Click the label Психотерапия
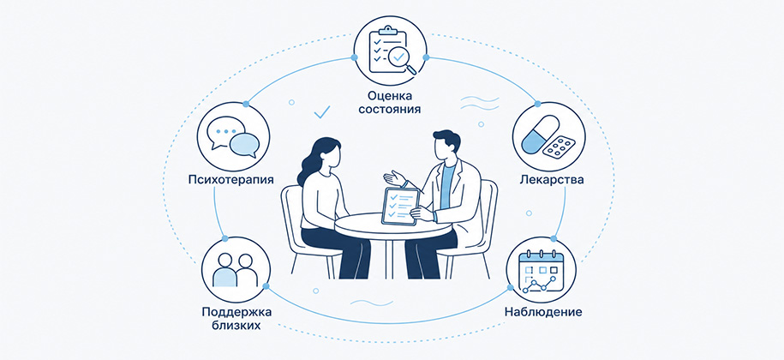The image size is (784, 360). [x=231, y=179]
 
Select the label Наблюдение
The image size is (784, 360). [x=543, y=313]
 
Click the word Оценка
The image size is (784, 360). [x=390, y=95]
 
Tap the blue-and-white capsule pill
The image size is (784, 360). [x=540, y=134]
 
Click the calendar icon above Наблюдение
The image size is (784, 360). [x=541, y=273]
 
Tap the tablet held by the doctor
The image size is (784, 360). [x=400, y=207]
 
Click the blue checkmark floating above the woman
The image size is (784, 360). [x=322, y=113]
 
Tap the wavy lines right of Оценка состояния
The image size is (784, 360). [x=479, y=103]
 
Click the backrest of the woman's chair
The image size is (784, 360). [x=292, y=215]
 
